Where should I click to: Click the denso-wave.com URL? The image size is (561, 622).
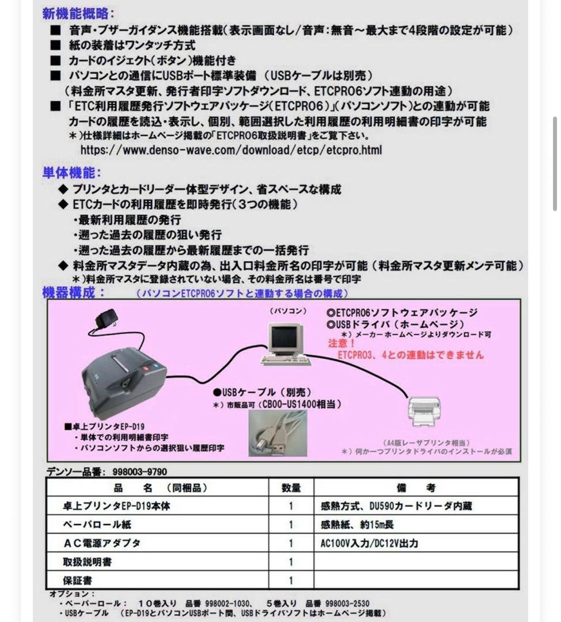[x=231, y=150]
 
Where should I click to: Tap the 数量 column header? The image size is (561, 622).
[x=291, y=488]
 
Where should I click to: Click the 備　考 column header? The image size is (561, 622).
[x=416, y=488]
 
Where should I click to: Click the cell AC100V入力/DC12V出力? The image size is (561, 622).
[x=369, y=543]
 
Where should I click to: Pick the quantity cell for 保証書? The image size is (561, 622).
[x=291, y=580]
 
